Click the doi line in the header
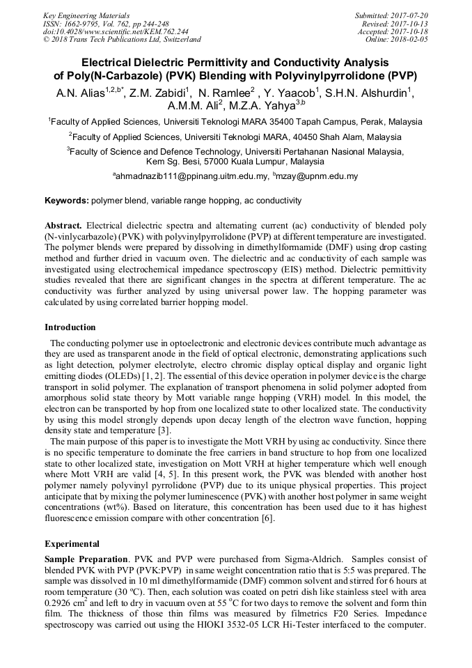[x=116, y=31]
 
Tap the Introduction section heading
[x=70, y=327]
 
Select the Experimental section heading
[x=72, y=543]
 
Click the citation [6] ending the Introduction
[x=268, y=518]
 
